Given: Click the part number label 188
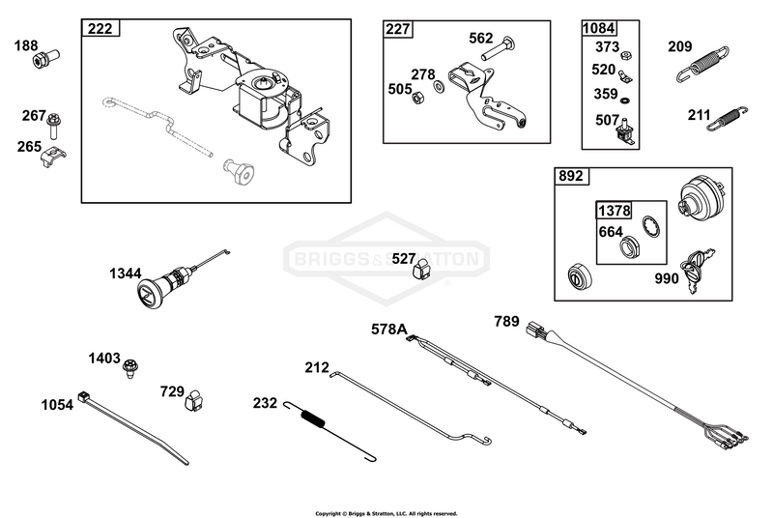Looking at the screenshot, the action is coord(26,45).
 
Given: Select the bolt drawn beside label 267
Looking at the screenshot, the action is coord(53,126).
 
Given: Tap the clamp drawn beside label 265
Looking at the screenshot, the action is coord(53,156).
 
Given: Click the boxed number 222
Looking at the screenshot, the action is coord(100,29).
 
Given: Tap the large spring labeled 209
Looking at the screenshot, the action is coord(702,64).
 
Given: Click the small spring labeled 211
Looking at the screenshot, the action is coord(728,119).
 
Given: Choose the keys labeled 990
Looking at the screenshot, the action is coord(695,270).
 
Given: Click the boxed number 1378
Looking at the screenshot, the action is coord(614,211).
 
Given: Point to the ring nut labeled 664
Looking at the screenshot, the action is coord(630,246).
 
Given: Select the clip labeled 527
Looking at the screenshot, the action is coord(421,270).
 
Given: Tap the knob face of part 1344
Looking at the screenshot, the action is coord(148,294).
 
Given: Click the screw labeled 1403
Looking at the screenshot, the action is coord(130,367).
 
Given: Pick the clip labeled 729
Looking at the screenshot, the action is coord(193,400).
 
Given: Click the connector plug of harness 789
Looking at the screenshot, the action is coord(536,330).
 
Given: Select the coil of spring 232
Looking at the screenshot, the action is coord(312,417).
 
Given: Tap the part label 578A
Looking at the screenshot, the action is coord(389,330).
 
